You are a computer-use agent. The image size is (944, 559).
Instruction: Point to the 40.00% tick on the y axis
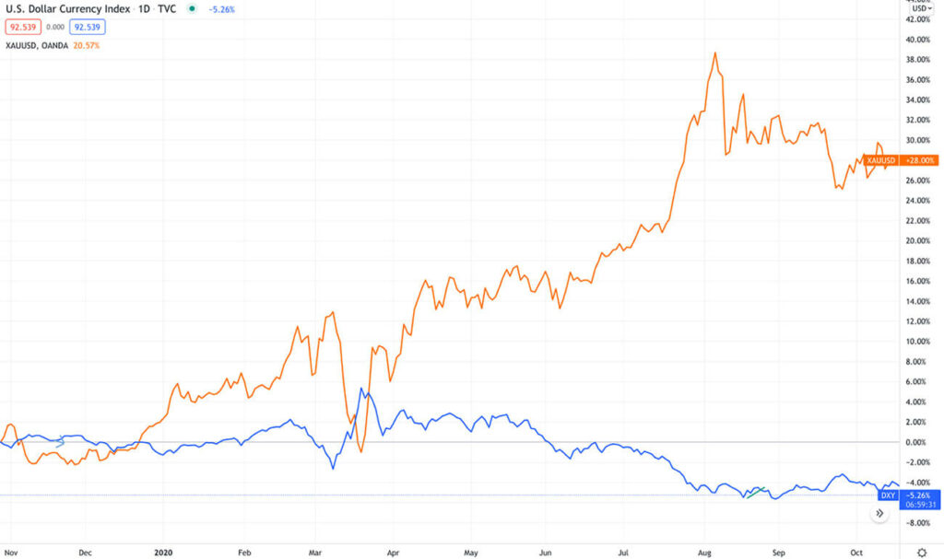[918, 40]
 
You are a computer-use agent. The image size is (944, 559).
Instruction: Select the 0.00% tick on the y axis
[918, 442]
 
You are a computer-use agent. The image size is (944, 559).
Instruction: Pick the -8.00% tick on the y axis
[918, 523]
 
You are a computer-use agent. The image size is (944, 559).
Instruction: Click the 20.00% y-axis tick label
[918, 241]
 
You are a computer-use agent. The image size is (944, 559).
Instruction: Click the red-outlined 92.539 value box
[22, 28]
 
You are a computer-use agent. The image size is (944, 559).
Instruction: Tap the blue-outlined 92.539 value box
[87, 28]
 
